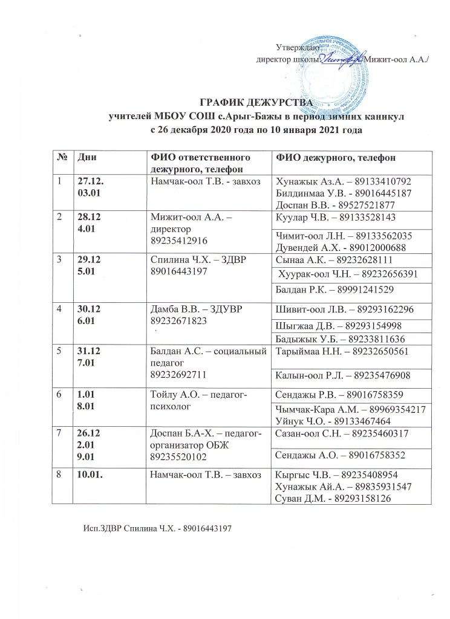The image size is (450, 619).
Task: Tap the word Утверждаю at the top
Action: (x=293, y=47)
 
